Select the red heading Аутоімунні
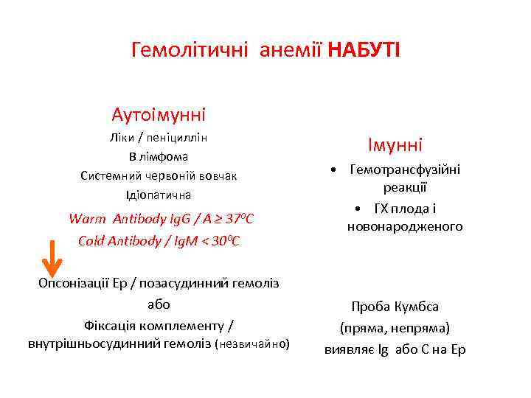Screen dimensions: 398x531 point(159,114)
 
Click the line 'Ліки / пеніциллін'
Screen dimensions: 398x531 point(159,138)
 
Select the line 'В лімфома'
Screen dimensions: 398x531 point(159,157)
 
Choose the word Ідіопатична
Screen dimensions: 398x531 point(159,195)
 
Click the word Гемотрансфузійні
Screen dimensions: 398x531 point(405,170)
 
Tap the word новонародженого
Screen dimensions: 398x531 point(405,227)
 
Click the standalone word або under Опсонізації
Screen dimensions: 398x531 point(159,304)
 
